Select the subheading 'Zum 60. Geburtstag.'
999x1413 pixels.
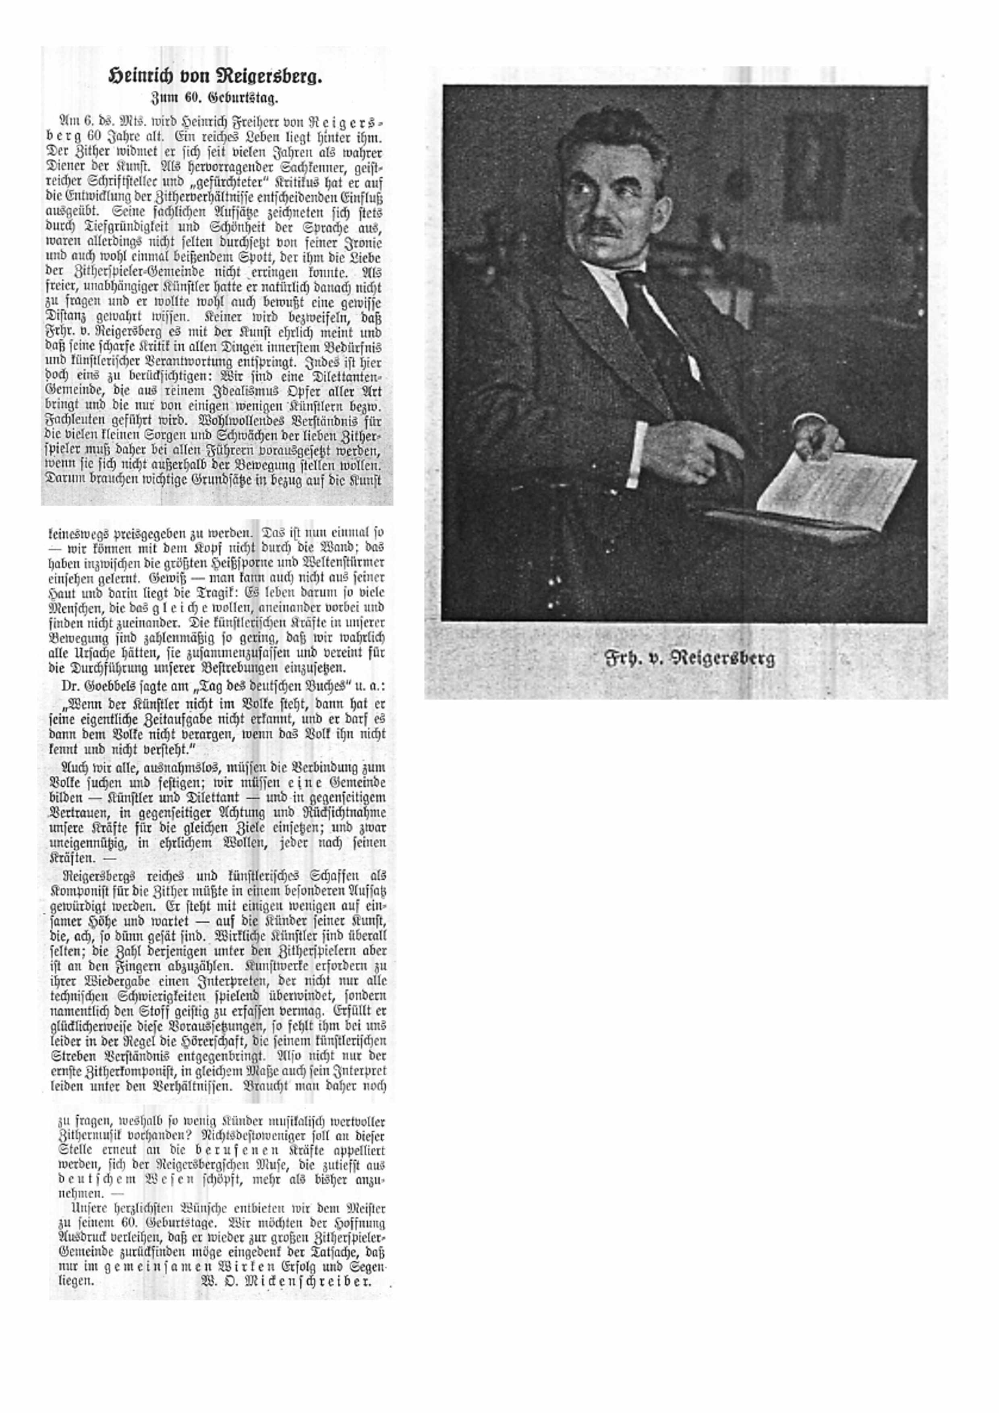tap(215, 97)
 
